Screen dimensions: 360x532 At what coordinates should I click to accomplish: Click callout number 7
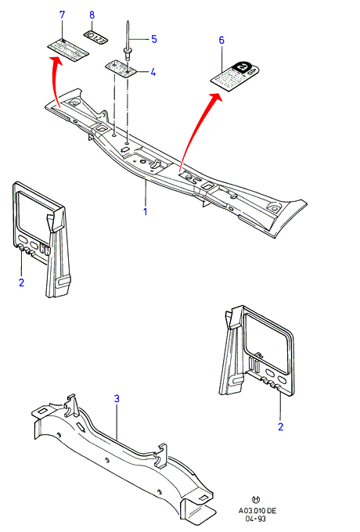click(x=62, y=15)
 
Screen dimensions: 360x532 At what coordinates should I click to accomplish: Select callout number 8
click(x=92, y=15)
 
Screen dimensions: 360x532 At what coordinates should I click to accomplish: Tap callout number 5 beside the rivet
click(x=154, y=39)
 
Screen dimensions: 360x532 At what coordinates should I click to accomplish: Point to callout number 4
click(x=153, y=72)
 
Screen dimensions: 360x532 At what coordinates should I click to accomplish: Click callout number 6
click(x=221, y=41)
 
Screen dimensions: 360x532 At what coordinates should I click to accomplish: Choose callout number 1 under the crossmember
click(x=146, y=212)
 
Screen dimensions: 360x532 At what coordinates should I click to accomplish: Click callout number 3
click(x=117, y=399)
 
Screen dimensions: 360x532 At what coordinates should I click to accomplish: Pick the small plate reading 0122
click(x=95, y=36)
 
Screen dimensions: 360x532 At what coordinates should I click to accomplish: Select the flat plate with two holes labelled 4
click(x=121, y=68)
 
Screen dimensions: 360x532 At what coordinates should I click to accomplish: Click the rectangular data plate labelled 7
click(x=68, y=49)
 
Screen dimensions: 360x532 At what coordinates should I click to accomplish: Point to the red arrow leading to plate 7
click(x=54, y=81)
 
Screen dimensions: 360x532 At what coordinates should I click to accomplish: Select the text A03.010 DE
click(x=257, y=511)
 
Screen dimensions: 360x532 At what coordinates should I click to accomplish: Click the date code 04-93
click(x=255, y=519)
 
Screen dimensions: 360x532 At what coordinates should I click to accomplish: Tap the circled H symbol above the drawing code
click(x=256, y=499)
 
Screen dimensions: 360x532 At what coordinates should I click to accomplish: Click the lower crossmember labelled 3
click(x=123, y=455)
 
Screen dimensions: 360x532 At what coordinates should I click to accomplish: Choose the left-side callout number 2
click(x=22, y=282)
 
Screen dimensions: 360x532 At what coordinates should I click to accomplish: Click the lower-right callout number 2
click(x=281, y=427)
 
